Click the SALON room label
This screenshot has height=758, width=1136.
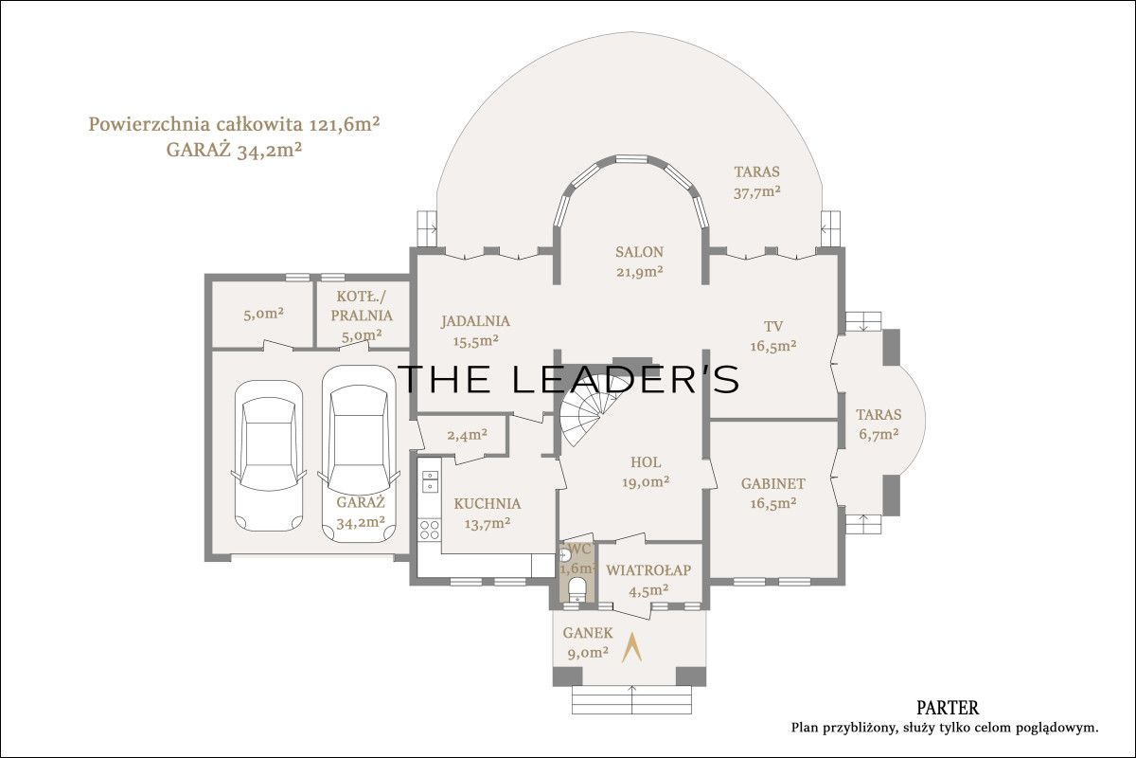[639, 252]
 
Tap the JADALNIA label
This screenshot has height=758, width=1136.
[475, 321]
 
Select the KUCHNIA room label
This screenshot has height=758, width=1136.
[488, 504]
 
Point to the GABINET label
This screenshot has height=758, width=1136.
[772, 484]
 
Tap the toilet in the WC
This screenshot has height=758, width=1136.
[577, 590]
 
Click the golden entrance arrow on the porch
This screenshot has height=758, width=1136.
[632, 648]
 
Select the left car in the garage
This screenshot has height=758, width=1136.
[269, 456]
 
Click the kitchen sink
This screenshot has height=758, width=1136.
[430, 480]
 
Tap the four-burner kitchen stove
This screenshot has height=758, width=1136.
[430, 529]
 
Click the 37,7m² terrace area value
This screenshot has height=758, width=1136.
[756, 192]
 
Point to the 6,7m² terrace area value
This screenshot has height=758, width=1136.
[879, 435]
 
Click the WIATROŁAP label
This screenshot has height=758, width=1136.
[648, 570]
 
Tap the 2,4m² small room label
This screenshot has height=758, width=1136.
[467, 435]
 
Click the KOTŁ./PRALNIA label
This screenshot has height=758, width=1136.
[362, 306]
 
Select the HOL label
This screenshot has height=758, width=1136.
[646, 462]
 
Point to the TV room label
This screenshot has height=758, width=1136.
[772, 326]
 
